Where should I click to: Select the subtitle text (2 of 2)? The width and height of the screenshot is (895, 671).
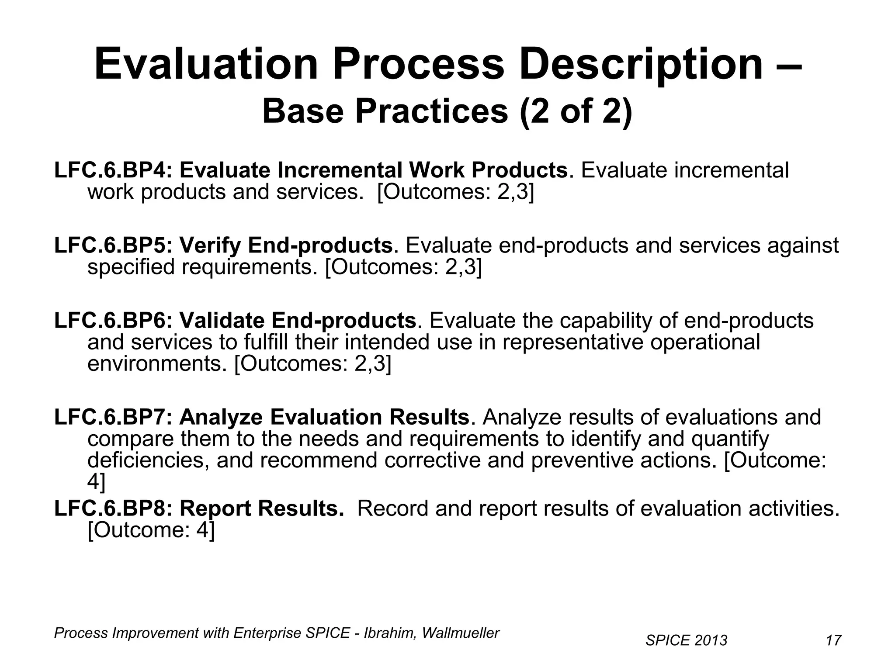[576, 111]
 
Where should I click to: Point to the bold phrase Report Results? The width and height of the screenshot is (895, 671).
[261, 508]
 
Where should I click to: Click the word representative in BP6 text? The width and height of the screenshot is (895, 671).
[572, 342]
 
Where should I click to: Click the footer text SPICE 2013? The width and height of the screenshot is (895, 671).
[686, 640]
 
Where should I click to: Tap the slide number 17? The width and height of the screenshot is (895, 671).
[833, 640]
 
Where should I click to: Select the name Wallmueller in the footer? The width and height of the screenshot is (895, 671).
[460, 633]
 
